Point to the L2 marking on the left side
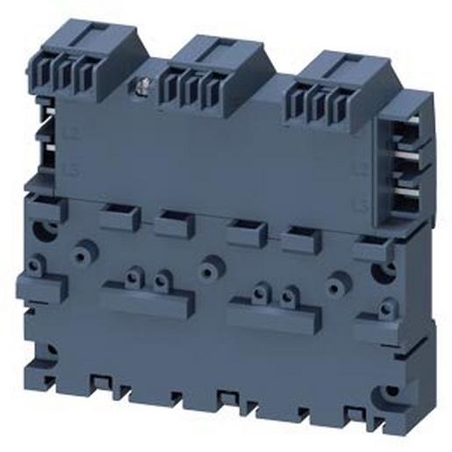[x=71, y=133]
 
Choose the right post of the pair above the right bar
[x=289, y=298]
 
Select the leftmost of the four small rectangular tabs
[x=120, y=217]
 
